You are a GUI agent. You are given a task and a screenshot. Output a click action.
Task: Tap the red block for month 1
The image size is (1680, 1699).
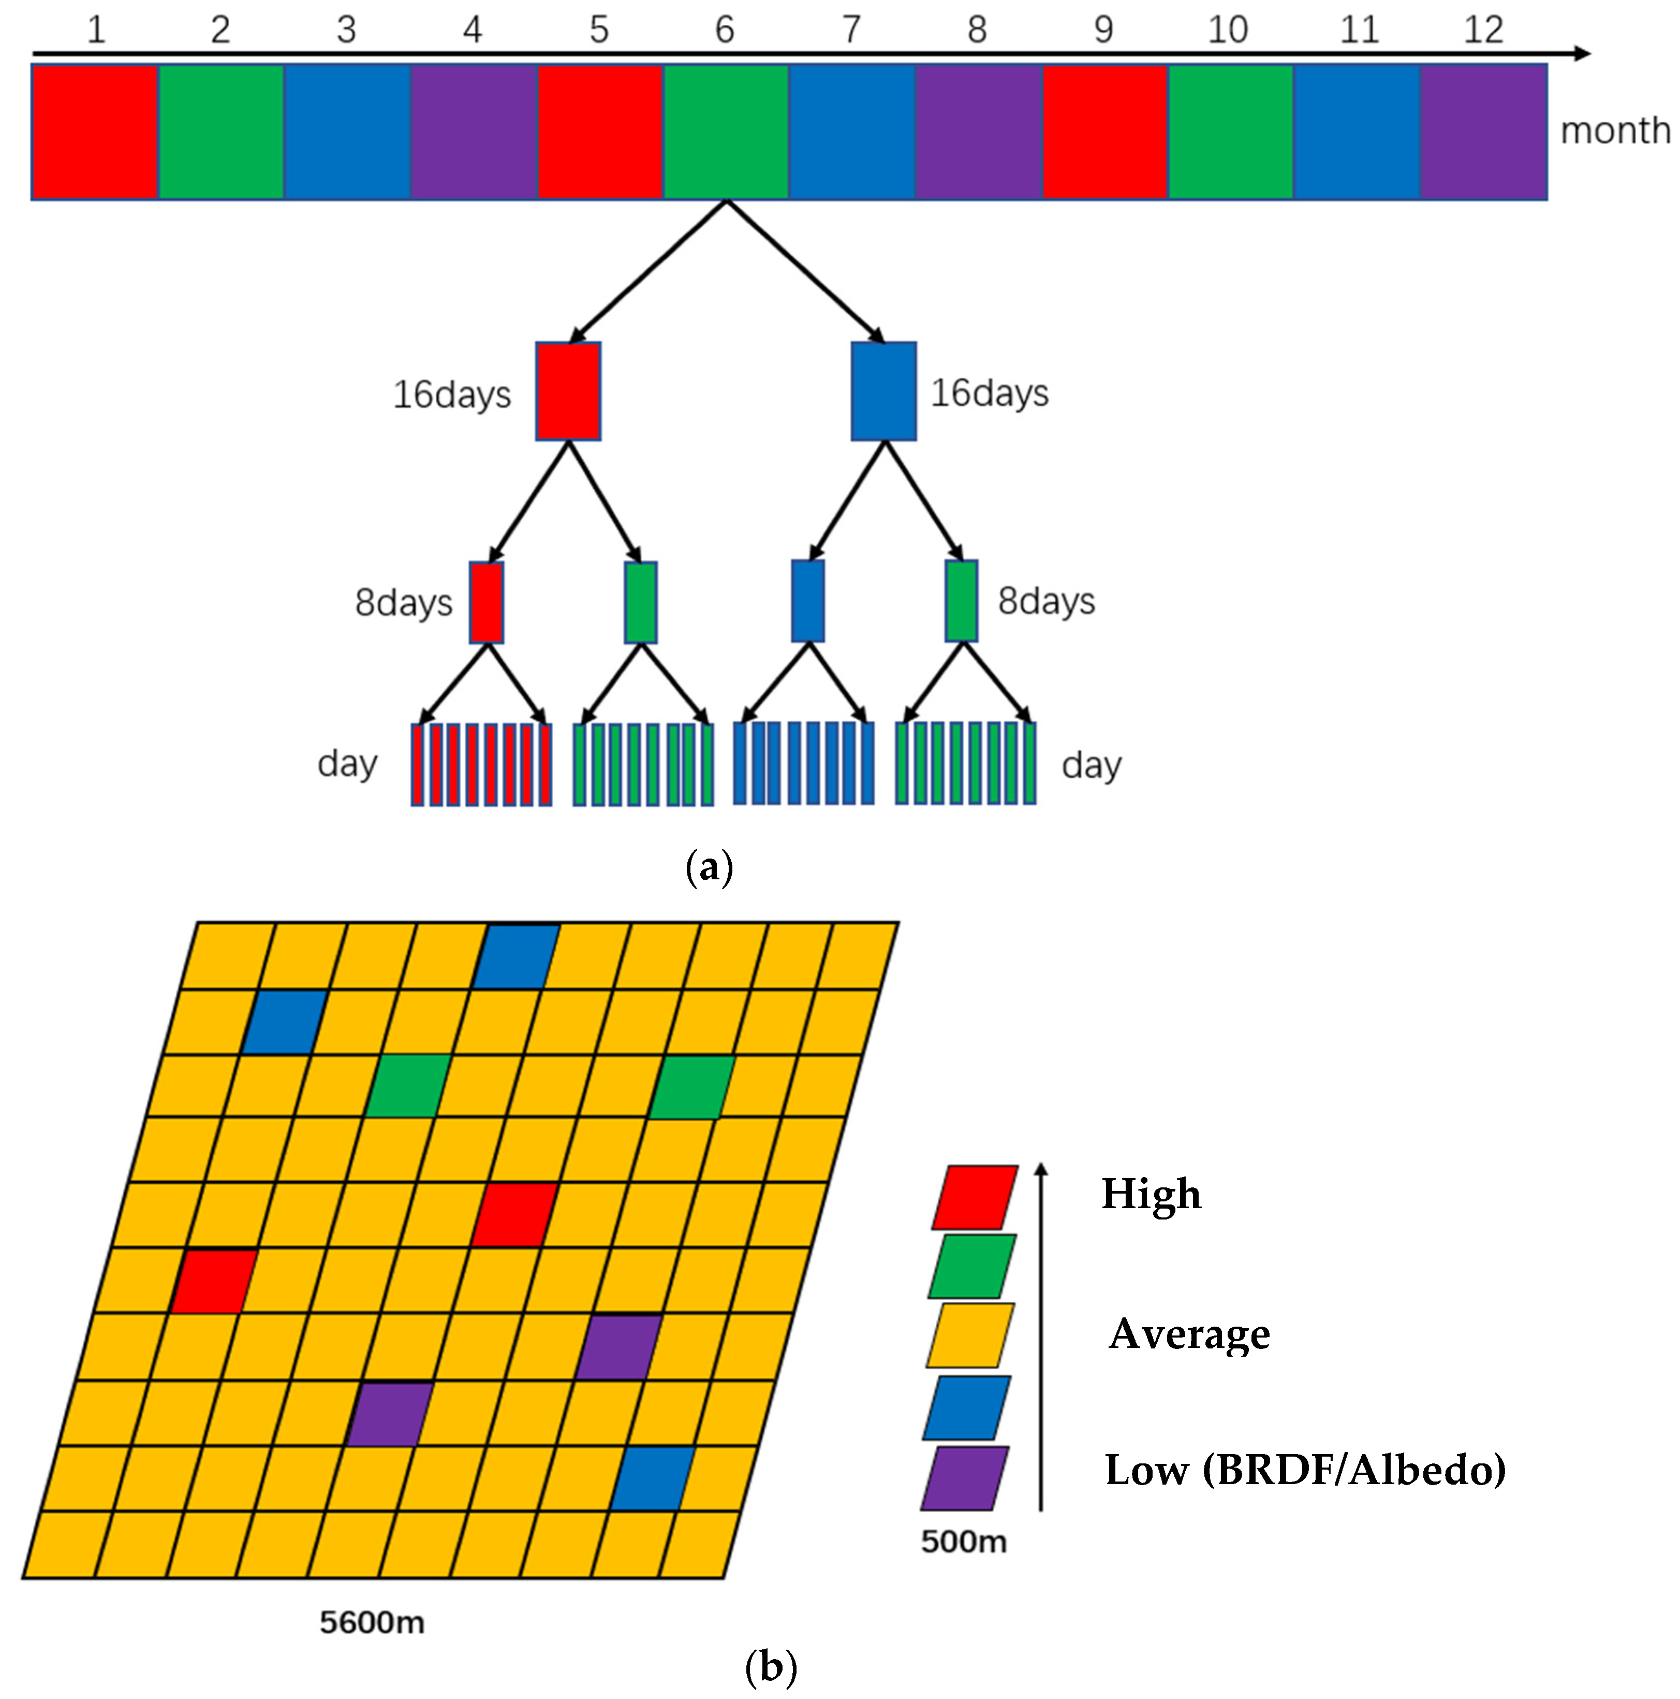[x=95, y=132]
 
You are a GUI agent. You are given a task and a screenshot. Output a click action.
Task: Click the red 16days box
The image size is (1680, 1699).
[x=568, y=391]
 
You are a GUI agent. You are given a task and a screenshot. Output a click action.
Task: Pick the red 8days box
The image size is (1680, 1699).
[x=486, y=602]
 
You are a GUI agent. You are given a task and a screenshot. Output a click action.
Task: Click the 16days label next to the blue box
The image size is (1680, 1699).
[x=989, y=393]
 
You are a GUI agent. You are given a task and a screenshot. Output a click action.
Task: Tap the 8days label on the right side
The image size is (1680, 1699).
[x=1046, y=602]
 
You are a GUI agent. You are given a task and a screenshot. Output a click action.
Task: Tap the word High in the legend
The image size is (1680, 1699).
[x=1151, y=1194]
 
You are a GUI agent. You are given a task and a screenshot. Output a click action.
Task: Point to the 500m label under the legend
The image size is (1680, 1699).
[x=964, y=1542]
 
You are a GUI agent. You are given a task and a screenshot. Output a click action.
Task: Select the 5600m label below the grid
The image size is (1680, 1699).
[x=372, y=1622]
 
